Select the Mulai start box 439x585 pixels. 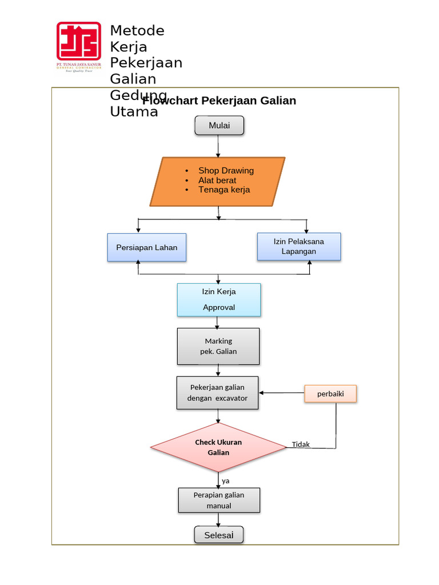click(x=219, y=126)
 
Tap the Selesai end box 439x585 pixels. click(x=219, y=535)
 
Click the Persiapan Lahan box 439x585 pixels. click(x=147, y=247)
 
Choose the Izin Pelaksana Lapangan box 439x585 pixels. click(x=298, y=246)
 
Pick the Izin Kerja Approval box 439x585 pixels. click(x=219, y=299)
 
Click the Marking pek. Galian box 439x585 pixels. click(x=218, y=346)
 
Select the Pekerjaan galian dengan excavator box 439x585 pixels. click(x=217, y=392)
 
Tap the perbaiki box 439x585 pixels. click(x=330, y=394)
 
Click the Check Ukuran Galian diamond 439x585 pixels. click(x=218, y=447)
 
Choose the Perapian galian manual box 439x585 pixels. click(x=219, y=500)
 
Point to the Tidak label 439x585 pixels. click(x=301, y=444)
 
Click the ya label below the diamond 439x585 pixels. click(x=226, y=481)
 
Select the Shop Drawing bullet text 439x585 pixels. click(x=226, y=170)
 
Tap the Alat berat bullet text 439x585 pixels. click(x=217, y=180)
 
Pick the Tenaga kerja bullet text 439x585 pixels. click(x=224, y=190)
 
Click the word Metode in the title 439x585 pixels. click(x=137, y=30)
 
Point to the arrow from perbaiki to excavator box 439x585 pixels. click(x=281, y=392)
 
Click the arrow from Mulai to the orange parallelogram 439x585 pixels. click(x=218, y=146)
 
